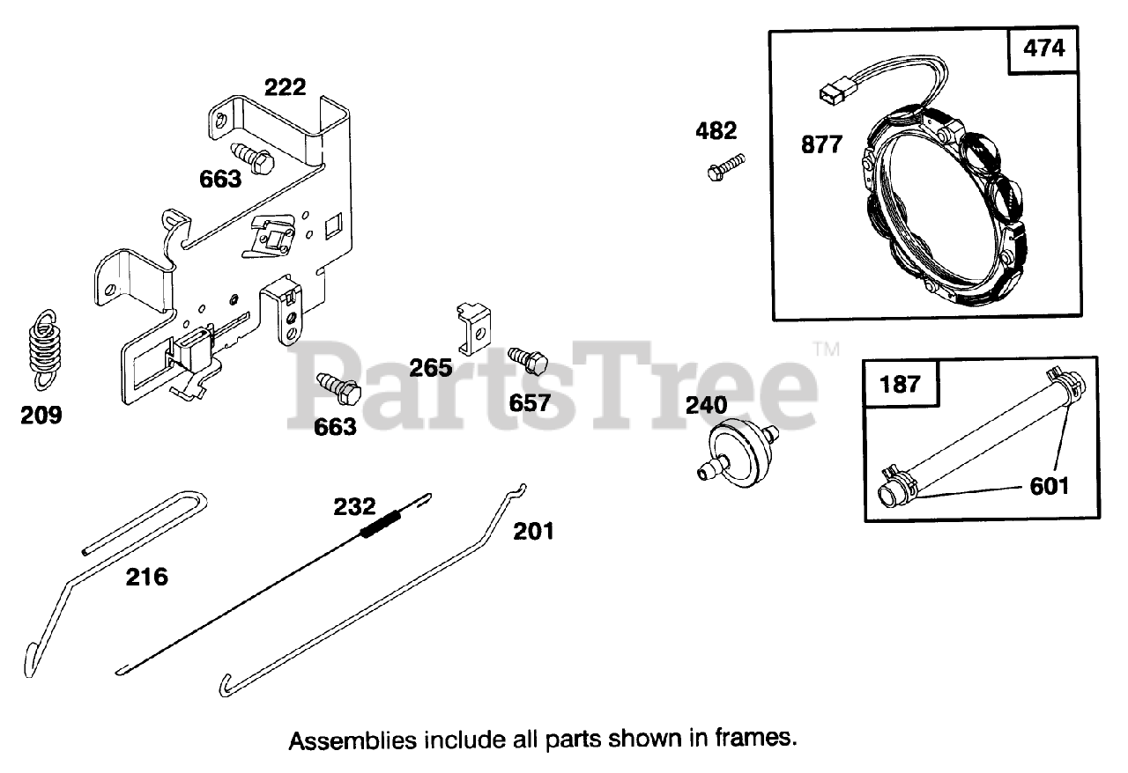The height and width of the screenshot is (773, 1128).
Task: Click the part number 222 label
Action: tap(286, 87)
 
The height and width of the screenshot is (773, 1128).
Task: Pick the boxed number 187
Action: tap(899, 384)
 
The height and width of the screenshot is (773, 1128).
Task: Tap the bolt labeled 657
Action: tap(529, 361)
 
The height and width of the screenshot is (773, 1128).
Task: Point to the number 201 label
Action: tap(535, 531)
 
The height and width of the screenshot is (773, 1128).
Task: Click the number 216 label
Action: tap(146, 578)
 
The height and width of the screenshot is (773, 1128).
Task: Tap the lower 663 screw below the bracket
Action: tap(337, 386)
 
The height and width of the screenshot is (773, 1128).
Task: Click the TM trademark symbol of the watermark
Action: tap(826, 349)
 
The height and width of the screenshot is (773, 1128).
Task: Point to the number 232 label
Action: tap(354, 507)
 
